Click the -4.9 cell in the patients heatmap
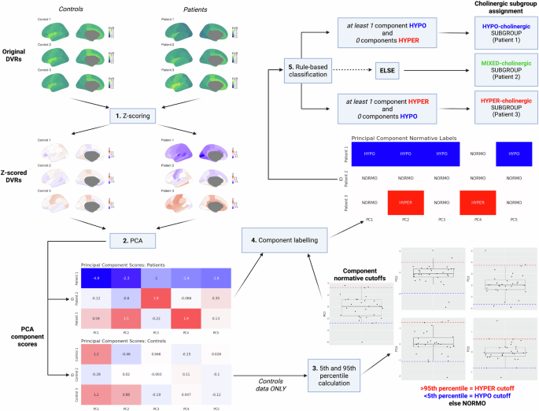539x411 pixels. (95, 278)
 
